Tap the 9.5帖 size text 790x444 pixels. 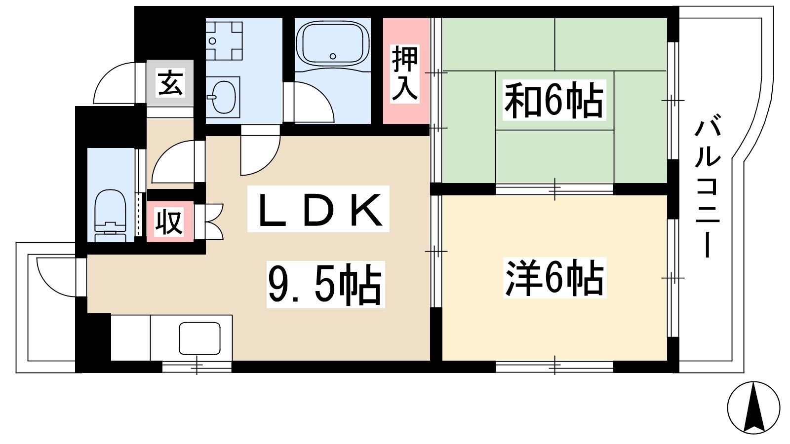coord(325,284)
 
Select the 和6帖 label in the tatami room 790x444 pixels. coord(553,100)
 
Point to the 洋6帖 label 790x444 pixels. coord(554,277)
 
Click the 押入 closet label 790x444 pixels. coord(404,74)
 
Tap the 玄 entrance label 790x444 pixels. coord(170,83)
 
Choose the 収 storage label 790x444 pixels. coord(170,222)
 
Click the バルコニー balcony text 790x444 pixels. coord(708,188)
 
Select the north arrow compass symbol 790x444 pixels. coord(753,407)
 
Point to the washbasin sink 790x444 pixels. coord(222,97)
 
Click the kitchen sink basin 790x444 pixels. coord(200,338)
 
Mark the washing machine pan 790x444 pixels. coord(224,40)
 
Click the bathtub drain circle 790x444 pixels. coord(333,56)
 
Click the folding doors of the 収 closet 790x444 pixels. coord(213,222)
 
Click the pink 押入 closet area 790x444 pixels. coord(406,71)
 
